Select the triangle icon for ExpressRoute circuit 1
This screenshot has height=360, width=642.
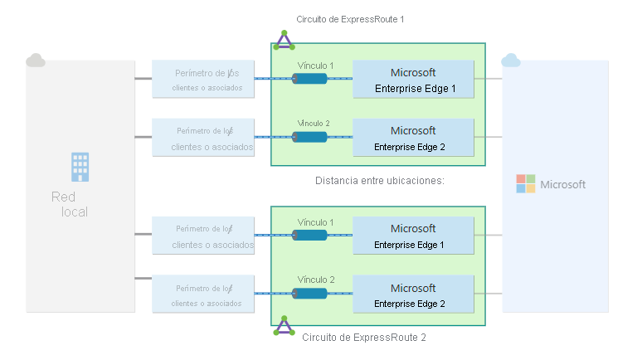pos(285,40)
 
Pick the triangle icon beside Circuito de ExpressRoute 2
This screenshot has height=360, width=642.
pos(285,325)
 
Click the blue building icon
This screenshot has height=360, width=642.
pos(80,166)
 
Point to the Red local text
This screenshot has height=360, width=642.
pos(70,204)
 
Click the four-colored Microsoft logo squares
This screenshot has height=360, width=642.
pos(526,184)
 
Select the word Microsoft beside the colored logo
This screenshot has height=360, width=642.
pos(563,185)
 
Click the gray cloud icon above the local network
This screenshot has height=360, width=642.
pos(35,60)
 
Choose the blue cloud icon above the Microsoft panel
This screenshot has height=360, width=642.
pos(511,60)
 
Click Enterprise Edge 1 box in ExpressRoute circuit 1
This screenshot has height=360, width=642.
pos(413,80)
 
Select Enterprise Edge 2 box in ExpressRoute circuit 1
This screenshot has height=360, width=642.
pos(413,139)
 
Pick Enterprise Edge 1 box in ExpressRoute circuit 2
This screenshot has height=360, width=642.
pos(413,236)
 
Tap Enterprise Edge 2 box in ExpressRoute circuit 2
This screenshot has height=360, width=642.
pos(413,295)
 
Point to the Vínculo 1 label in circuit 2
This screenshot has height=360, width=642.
pos(315,222)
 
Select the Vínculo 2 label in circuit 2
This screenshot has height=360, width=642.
pos(315,280)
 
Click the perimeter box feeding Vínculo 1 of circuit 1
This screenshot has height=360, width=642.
pos(202,79)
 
